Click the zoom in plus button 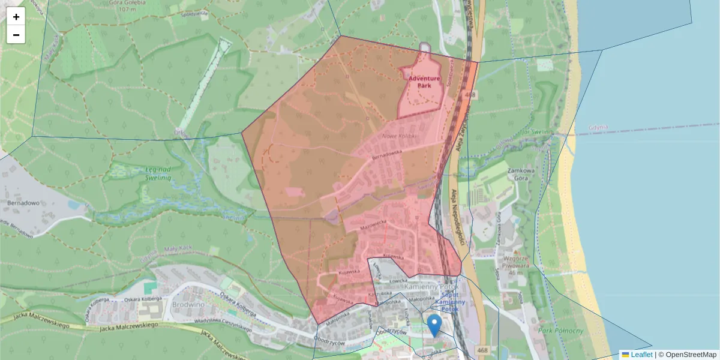coord(16,17)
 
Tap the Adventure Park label coord(424,82)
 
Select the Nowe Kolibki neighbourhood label coord(399,136)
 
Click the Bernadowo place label coord(23,203)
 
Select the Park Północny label coord(561,331)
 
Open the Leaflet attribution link coord(641,355)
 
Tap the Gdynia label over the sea coord(598,127)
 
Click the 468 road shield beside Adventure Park coord(470,95)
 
